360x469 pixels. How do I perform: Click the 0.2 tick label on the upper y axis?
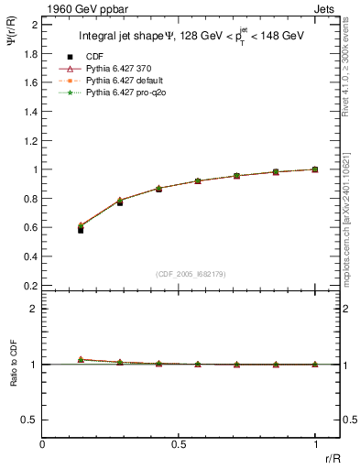point(30,285)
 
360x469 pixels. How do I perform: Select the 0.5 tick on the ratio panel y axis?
point(30,420)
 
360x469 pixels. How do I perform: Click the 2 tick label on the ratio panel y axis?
point(35,309)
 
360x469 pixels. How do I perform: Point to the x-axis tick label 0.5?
point(178,445)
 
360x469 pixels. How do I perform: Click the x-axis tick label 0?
point(42,445)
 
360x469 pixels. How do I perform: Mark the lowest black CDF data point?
point(81,230)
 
